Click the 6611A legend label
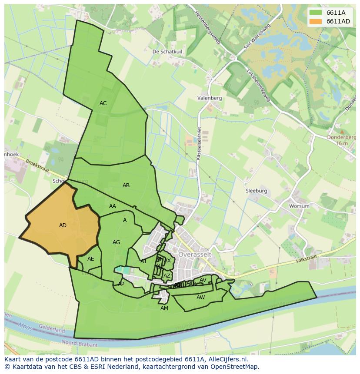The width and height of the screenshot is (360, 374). (x=336, y=13)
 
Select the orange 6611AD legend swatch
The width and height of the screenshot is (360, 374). (x=315, y=21)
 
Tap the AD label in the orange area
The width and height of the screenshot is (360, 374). (x=63, y=225)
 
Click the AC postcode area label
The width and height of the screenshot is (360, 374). (x=103, y=103)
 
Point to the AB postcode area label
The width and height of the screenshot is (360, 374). (x=126, y=185)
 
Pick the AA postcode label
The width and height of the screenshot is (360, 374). (x=113, y=206)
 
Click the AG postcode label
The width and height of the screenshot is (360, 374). (x=116, y=242)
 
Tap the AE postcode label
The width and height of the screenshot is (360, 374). (x=90, y=259)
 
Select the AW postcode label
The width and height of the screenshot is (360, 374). (x=200, y=298)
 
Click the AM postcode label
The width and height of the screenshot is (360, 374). (x=164, y=308)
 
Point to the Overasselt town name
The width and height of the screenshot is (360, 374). (x=194, y=254)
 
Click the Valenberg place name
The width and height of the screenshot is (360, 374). (x=210, y=98)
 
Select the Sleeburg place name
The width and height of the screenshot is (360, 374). (x=256, y=191)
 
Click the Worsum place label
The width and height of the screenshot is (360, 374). (x=300, y=206)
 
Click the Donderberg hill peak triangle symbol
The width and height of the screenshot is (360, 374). (x=342, y=131)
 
